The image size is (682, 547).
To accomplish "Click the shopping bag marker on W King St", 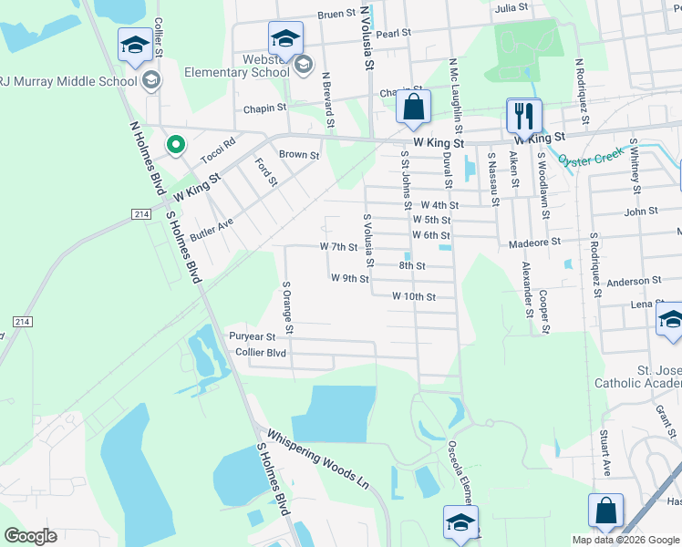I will click(x=414, y=106).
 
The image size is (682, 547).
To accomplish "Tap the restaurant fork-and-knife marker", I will click(x=523, y=115).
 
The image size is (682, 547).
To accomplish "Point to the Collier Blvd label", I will click(x=261, y=352).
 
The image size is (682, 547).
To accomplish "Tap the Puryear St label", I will click(x=253, y=336).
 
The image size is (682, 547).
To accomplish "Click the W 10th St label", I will click(x=414, y=296).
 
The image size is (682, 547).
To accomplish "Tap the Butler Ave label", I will click(x=212, y=228).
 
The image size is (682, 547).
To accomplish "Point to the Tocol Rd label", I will click(x=218, y=142).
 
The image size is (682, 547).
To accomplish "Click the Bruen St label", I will click(x=336, y=15).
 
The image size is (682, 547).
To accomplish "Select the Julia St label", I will click(x=511, y=7).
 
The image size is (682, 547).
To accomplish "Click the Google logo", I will click(x=30, y=536).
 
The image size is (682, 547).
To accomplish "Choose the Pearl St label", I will click(x=394, y=33).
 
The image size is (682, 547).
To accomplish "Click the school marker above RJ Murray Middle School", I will click(x=135, y=46).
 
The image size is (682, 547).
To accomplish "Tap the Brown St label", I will click(x=299, y=155).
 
